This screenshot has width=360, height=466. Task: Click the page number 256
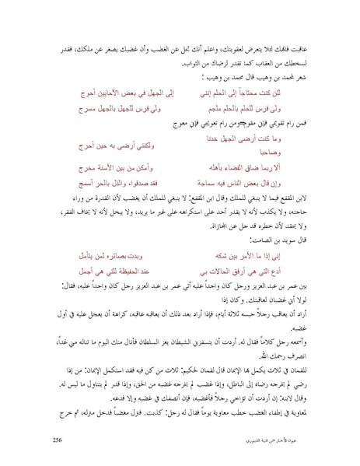[58, 440]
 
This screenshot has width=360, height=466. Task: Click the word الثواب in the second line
[173, 65]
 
